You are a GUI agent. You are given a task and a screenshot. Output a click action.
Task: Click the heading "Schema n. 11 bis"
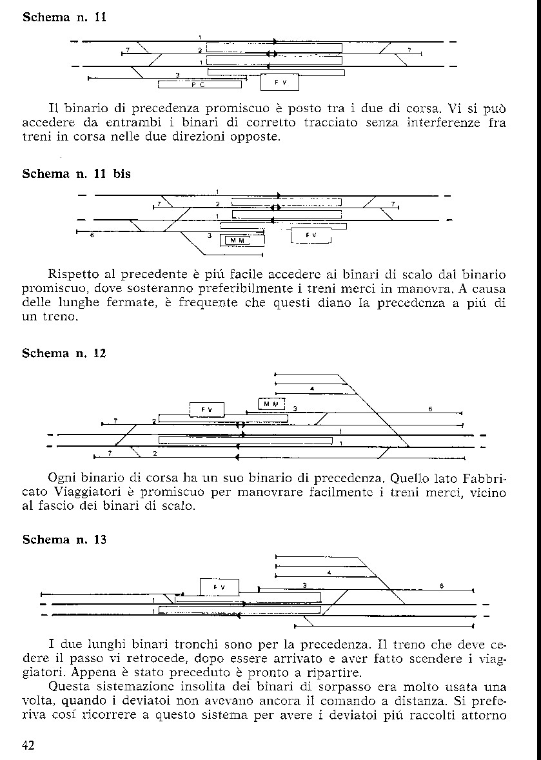76,173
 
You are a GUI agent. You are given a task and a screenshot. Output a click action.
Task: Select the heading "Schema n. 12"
64,353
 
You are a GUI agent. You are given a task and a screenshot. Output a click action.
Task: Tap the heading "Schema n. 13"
64,540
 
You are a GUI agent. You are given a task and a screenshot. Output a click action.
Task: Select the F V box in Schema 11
280,83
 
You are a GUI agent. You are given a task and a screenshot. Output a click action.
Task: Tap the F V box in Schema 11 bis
311,235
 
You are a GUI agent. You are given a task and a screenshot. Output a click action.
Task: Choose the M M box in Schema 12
271,404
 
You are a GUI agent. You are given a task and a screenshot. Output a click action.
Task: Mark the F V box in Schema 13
219,587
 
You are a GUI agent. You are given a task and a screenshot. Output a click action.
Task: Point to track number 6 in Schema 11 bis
92,236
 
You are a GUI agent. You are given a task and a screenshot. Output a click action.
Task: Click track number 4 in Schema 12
311,389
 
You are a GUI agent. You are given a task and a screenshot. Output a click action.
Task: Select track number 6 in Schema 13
442,585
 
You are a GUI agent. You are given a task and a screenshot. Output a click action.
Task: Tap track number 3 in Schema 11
177,75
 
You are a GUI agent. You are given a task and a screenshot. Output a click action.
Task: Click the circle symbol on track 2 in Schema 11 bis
275,207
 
